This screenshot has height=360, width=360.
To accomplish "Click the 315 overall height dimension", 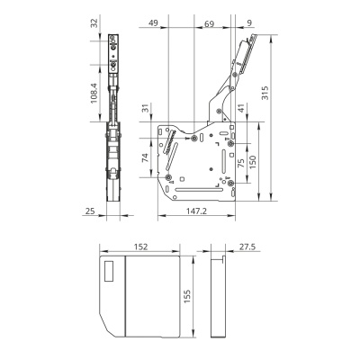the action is pyautogui.click(x=265, y=93).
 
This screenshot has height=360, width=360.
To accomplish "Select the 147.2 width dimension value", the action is pyautogui.click(x=196, y=211).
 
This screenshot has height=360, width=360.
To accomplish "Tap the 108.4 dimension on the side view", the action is pyautogui.click(x=94, y=94).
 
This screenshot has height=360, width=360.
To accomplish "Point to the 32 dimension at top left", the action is pyautogui.click(x=94, y=23).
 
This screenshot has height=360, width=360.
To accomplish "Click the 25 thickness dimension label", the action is pyautogui.click(x=90, y=211).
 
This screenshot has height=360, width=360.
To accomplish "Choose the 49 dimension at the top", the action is pyautogui.click(x=153, y=22).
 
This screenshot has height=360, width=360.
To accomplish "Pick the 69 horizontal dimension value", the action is pyautogui.click(x=209, y=23).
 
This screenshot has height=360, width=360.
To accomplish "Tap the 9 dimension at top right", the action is pyautogui.click(x=250, y=22).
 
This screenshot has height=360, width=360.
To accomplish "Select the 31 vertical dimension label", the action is pyautogui.click(x=146, y=108).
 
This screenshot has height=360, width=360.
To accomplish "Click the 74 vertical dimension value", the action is pyautogui.click(x=145, y=157).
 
